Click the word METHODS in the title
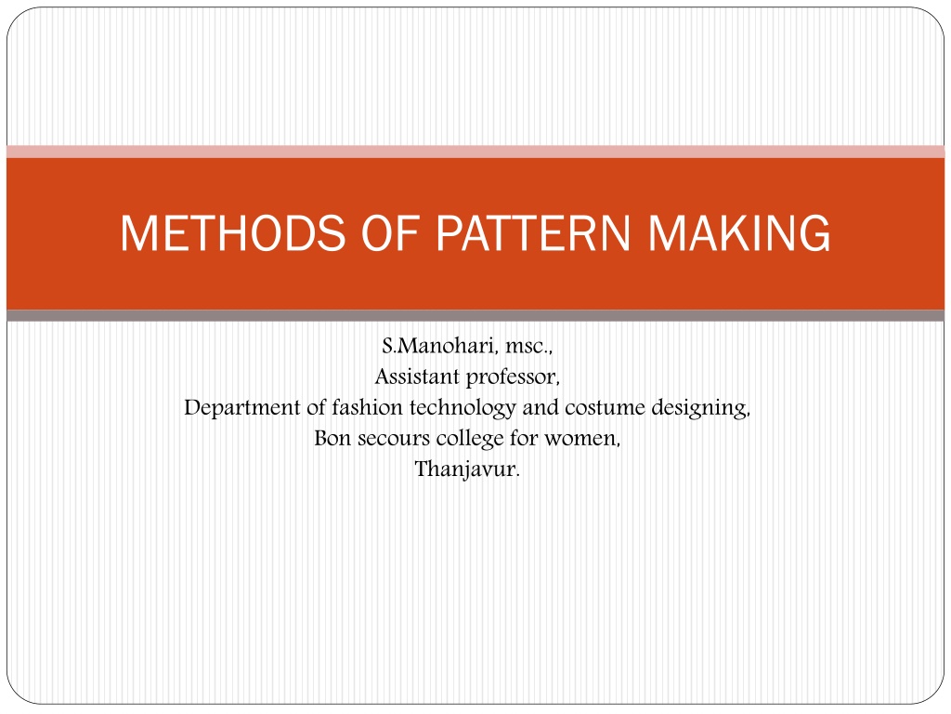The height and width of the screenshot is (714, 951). click(233, 233)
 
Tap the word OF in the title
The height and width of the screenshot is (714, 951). click(391, 233)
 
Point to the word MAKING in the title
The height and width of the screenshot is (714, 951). click(739, 233)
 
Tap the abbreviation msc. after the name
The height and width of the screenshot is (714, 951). click(528, 347)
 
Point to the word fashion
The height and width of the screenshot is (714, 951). click(367, 407)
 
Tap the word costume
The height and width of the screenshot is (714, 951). click(605, 408)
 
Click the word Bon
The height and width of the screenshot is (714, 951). click(332, 439)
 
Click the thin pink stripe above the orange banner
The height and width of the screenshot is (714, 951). click(475, 152)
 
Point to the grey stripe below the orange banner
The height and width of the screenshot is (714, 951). click(475, 316)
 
